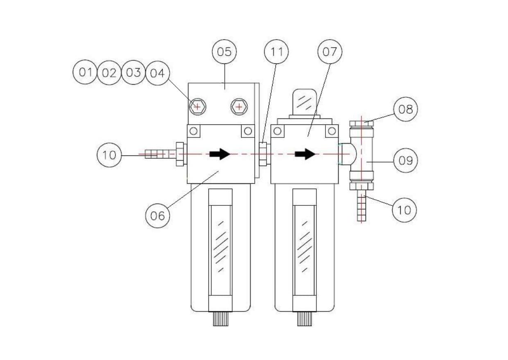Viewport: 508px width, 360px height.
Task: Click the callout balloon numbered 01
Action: [85, 72]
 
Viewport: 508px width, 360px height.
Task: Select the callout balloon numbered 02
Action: [109, 73]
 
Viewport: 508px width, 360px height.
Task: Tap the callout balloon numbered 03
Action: [133, 72]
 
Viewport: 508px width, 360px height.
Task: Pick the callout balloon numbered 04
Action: [158, 73]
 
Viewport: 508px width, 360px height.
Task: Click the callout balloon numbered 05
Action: [224, 52]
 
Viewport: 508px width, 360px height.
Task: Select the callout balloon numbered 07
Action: [330, 52]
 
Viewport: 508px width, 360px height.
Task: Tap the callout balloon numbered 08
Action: [405, 109]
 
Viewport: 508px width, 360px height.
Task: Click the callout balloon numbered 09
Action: [405, 160]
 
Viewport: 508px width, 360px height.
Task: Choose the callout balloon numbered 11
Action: [277, 52]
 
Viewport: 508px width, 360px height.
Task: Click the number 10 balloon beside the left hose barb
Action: [109, 155]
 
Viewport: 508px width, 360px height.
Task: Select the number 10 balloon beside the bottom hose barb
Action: [404, 209]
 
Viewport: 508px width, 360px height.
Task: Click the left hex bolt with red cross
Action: [198, 107]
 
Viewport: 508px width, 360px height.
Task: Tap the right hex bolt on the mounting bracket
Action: [239, 107]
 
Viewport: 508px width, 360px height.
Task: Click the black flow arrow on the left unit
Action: [220, 154]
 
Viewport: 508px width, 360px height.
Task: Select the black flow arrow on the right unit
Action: [305, 154]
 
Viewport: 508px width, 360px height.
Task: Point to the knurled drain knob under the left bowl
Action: [220, 319]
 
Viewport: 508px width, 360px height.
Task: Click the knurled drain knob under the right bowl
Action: [305, 319]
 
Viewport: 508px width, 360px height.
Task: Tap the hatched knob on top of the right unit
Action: [304, 101]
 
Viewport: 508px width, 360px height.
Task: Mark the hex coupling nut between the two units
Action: [263, 154]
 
